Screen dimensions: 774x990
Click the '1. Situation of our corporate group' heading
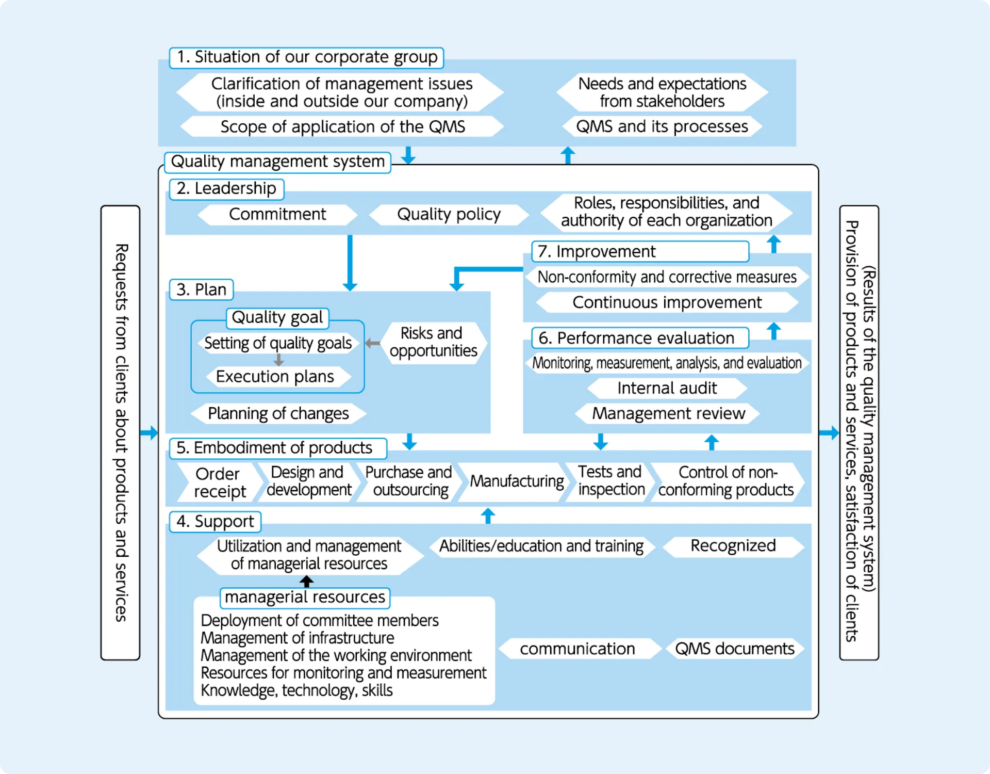point(306,57)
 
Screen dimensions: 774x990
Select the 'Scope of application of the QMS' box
point(342,126)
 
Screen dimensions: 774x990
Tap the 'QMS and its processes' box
point(662,126)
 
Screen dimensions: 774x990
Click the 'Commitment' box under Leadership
point(277,214)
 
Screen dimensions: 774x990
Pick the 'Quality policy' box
point(449,214)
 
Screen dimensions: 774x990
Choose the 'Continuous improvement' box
point(667,302)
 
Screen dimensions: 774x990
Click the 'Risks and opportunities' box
point(433,342)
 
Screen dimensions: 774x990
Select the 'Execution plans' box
point(275,377)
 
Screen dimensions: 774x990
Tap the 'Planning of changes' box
point(278,413)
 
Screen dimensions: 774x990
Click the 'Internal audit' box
point(667,388)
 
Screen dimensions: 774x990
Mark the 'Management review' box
point(668,413)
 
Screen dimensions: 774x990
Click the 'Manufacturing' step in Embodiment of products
point(517,481)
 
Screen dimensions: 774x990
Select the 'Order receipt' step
point(218,482)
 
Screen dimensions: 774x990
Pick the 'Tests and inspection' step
point(611,480)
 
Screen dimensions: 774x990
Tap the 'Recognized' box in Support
point(733,546)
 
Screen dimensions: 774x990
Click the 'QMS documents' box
point(734,649)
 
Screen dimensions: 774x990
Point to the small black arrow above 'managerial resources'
point(307,582)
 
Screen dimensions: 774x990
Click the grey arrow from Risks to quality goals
point(372,343)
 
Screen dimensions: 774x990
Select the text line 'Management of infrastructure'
point(297,638)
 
